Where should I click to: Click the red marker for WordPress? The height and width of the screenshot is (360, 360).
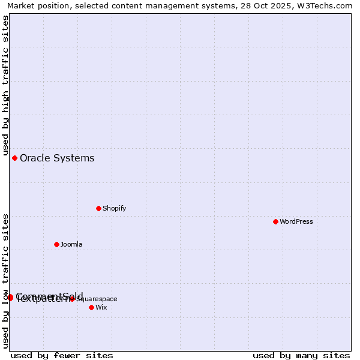[x=275, y=221]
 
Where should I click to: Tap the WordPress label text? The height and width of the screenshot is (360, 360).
[x=296, y=221]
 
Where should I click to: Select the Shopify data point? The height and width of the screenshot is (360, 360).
[x=98, y=208]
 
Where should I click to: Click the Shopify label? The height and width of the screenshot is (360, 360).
[x=114, y=208]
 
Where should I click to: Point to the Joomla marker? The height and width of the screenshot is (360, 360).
[x=56, y=244]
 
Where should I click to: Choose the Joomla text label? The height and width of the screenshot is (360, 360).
[x=71, y=244]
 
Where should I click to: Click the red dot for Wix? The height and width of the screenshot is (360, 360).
[x=91, y=307]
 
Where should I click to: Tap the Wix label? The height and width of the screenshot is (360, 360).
[x=101, y=307]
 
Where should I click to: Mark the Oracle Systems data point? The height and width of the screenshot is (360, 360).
[x=14, y=158]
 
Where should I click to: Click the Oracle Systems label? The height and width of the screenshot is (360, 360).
[x=57, y=158]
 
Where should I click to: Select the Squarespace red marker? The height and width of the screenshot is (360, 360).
[x=72, y=298]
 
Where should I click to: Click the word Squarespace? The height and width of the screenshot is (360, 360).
[x=97, y=299]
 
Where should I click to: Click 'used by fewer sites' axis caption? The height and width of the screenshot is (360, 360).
[x=62, y=355]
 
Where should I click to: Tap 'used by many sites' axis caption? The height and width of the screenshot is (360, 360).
[x=301, y=355]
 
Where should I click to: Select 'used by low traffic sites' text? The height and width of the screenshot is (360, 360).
[x=5, y=281]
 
